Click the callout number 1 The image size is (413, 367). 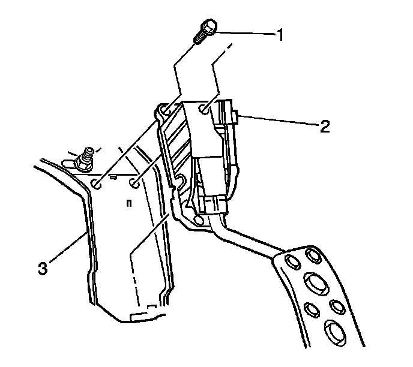[x=279, y=35]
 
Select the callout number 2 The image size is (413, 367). [x=325, y=127]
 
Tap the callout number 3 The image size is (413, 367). [x=43, y=268]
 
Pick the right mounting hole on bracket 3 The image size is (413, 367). [x=136, y=182]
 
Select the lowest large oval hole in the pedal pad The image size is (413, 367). [x=334, y=330]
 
